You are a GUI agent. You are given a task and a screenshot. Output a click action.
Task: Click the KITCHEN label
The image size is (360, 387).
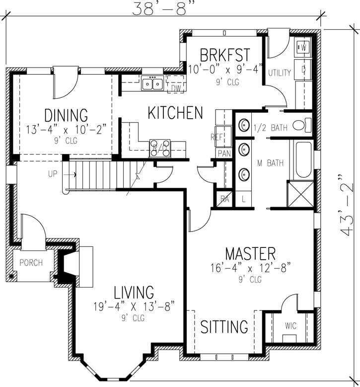tap(175, 113)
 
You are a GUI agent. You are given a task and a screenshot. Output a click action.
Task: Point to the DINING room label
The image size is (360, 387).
tap(66, 116)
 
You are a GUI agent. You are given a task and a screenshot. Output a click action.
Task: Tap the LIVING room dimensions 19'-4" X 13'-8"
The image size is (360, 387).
tap(134, 306)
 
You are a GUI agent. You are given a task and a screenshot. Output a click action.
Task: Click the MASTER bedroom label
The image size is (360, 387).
tap(250, 253)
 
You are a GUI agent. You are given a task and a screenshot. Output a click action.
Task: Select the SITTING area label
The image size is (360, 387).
tap(224, 327)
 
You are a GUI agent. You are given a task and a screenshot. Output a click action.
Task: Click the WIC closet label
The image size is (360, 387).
tap(290, 326)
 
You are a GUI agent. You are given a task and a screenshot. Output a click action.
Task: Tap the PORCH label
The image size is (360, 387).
tap(31, 263)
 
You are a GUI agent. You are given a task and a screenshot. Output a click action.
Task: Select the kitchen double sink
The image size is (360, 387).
tap(152, 83)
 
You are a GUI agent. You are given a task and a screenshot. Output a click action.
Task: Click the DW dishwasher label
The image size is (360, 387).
tap(176, 88)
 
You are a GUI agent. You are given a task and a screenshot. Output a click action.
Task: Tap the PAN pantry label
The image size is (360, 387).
tap(224, 154)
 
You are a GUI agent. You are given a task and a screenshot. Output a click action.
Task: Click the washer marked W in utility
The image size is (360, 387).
tap(303, 48)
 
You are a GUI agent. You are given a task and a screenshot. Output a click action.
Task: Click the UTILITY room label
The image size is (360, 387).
tap(280, 73)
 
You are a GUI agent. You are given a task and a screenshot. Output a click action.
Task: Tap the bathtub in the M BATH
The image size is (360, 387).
tap(302, 160)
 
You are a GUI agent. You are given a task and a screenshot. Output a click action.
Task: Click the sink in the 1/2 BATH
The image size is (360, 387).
tap(244, 124)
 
